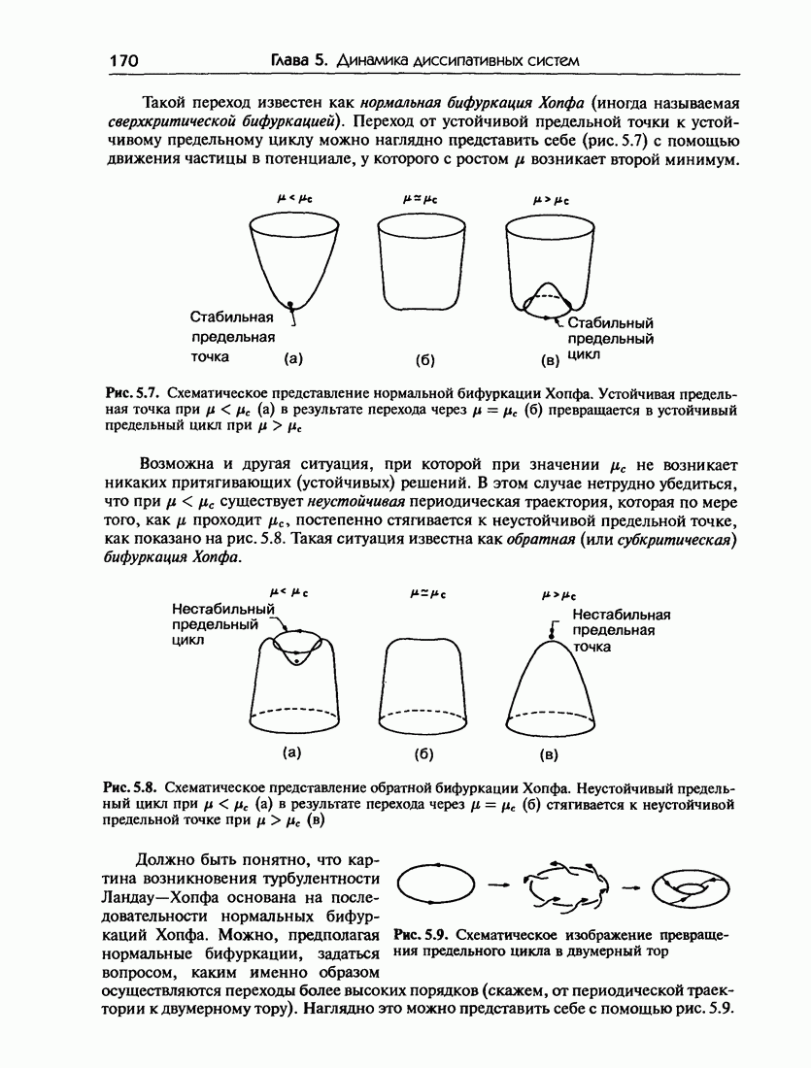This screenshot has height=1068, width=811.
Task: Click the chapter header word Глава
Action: (x=295, y=60)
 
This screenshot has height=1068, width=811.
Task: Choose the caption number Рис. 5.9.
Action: (x=419, y=935)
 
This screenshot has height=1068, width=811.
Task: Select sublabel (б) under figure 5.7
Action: (x=423, y=360)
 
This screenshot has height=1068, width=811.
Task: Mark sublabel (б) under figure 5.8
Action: (x=423, y=752)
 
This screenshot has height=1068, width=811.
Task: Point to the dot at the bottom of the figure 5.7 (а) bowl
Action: (x=289, y=305)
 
